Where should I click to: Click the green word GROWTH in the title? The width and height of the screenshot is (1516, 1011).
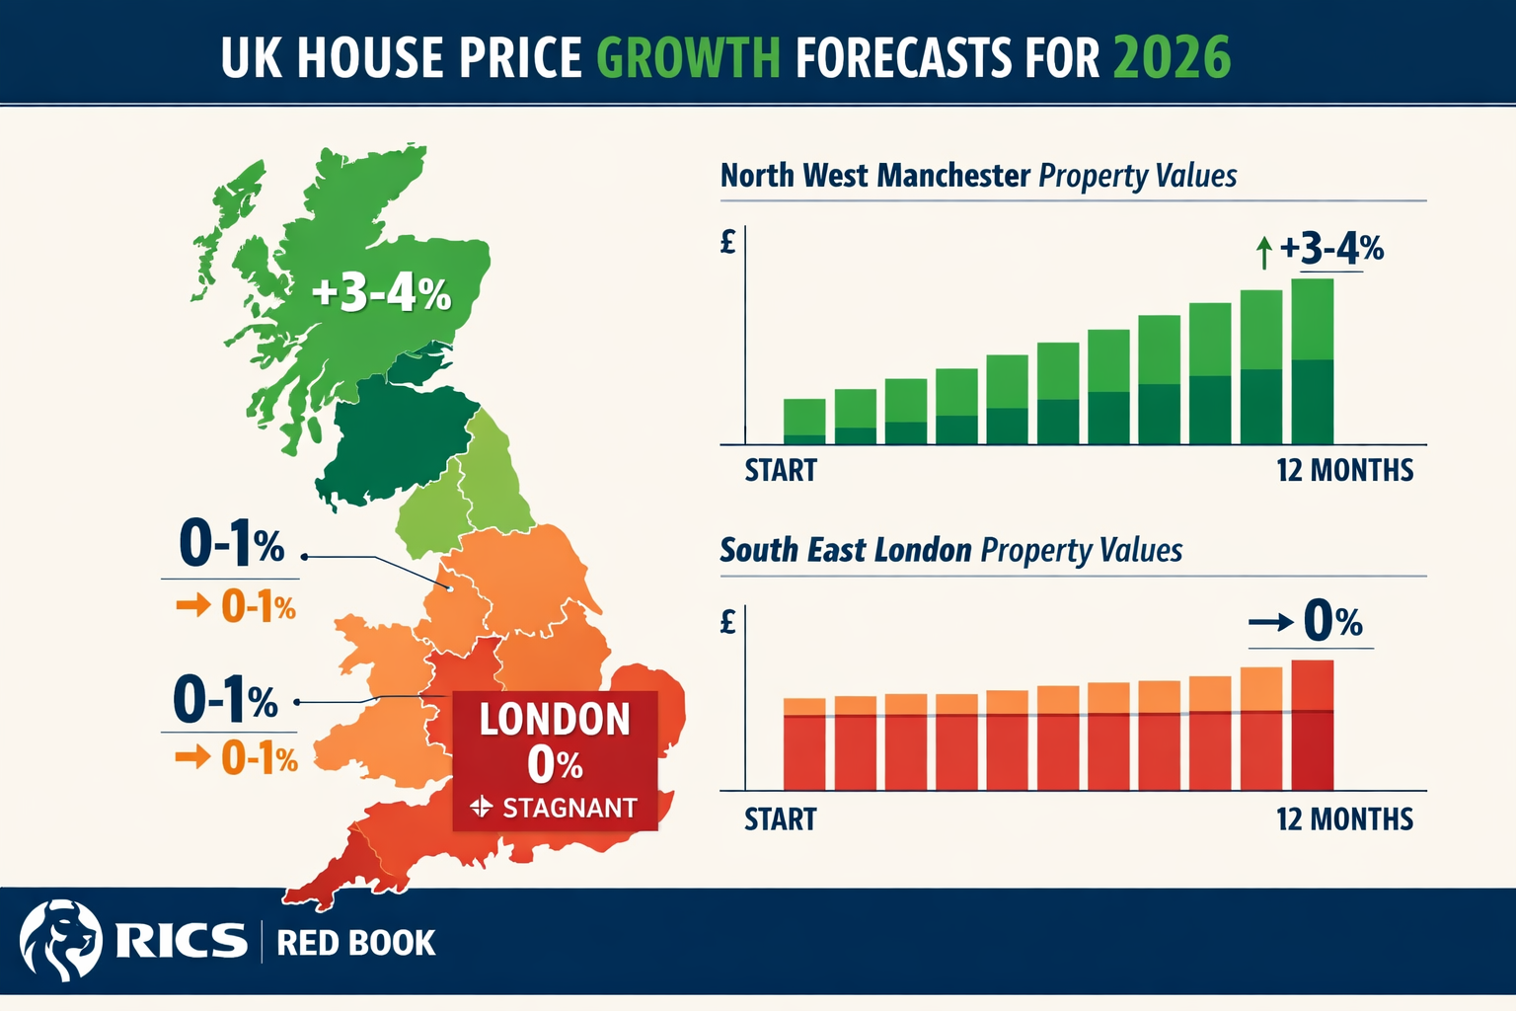pos(688,57)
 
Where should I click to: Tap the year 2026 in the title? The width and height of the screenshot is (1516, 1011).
pos(1172,57)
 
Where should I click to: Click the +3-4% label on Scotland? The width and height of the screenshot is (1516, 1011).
pos(381,293)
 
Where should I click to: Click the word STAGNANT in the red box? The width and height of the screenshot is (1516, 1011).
pos(569,809)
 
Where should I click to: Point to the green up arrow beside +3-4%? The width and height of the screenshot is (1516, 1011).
pos(1263,253)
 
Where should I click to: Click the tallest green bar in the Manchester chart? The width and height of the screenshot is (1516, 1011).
pos(1312,361)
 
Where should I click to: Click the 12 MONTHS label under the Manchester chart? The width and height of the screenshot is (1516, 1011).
pos(1344,470)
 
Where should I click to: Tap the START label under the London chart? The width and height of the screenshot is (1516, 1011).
pos(780,819)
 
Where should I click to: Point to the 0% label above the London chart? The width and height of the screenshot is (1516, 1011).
pos(1332,622)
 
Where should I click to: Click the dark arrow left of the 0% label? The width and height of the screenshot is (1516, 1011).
pos(1270,622)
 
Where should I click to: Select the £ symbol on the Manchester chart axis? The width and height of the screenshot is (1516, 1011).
pos(728,241)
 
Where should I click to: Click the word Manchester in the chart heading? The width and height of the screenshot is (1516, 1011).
pos(953,176)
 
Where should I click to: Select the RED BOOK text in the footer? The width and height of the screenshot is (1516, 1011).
pos(355,943)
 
